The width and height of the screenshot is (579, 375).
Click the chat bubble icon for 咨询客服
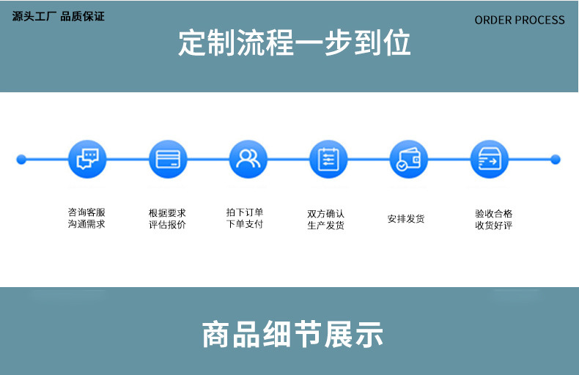click(86, 159)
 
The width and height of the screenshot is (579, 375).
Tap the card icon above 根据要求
click(168, 159)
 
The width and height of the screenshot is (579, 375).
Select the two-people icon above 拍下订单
click(248, 159)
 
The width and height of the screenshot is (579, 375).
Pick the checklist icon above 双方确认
click(328, 159)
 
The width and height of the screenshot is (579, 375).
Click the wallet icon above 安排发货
click(408, 159)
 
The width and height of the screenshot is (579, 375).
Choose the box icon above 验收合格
click(489, 159)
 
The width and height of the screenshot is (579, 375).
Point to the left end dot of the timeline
click(21, 159)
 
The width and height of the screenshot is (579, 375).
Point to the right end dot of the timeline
click(555, 159)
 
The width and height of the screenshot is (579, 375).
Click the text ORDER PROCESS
click(520, 20)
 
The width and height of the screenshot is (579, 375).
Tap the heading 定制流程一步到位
click(295, 43)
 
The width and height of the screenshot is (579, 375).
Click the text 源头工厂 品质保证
click(59, 16)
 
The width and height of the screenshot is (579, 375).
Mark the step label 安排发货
click(406, 218)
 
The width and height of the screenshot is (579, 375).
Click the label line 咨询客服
click(86, 212)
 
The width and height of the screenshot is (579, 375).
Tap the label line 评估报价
click(167, 224)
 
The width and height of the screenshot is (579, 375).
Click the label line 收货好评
click(493, 225)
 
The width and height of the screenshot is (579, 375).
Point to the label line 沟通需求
click(86, 223)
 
